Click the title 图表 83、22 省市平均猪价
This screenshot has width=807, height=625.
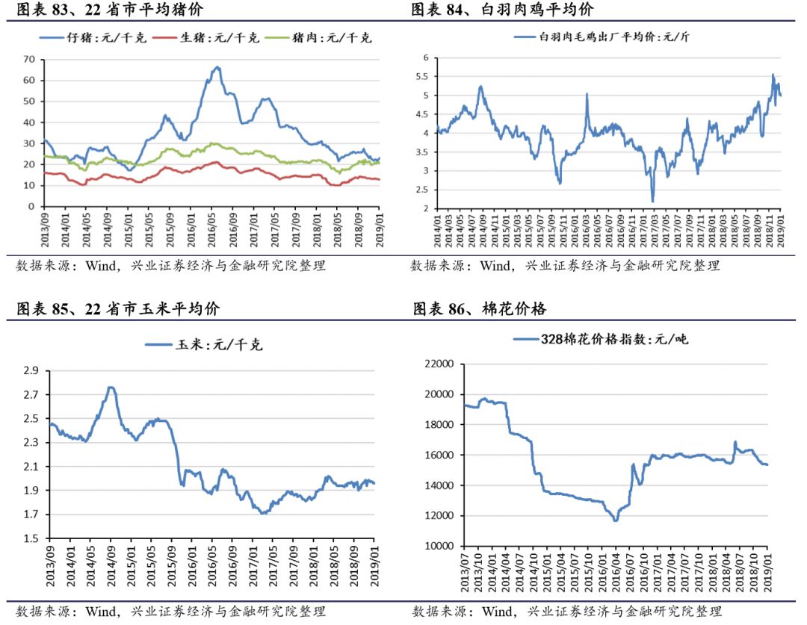(x=109, y=10)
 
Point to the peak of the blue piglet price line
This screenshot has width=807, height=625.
(x=217, y=67)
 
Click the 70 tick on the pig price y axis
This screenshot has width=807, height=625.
(x=29, y=59)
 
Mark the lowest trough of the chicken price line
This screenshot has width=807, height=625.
(x=652, y=201)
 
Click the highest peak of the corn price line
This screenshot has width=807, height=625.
(x=111, y=387)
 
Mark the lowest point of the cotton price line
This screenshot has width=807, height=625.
(x=616, y=520)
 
